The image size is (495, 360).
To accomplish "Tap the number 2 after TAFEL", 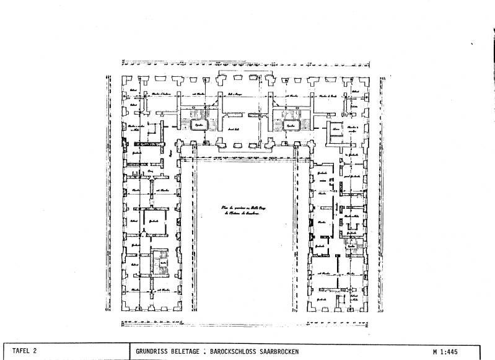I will pyautogui.click(x=36, y=351).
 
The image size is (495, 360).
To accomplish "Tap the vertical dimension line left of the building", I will pyautogui.click(x=108, y=192).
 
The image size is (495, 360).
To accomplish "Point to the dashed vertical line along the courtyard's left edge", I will pyautogui.click(x=193, y=235).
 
